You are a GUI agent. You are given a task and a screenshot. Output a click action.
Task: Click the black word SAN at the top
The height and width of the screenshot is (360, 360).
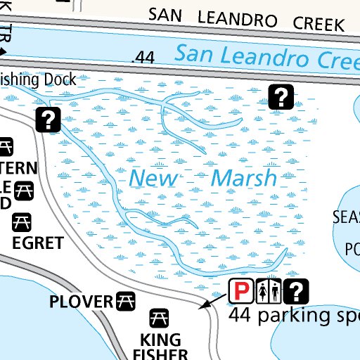(165, 14)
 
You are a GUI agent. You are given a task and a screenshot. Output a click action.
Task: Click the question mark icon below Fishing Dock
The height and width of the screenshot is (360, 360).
(48, 120)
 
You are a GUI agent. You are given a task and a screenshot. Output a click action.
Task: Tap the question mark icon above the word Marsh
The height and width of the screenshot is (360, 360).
(281, 97)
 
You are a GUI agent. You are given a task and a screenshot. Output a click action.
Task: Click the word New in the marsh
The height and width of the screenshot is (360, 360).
(153, 179)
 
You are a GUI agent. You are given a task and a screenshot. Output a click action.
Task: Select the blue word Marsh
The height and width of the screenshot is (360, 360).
(243, 179)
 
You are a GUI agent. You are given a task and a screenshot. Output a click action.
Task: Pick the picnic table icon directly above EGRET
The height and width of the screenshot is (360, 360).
(20, 223)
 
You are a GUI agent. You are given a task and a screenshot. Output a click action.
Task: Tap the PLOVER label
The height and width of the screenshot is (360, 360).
(81, 302)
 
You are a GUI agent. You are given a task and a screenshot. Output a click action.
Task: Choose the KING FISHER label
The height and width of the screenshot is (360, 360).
(160, 347)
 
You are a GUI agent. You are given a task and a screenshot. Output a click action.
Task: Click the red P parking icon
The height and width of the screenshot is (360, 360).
(241, 290)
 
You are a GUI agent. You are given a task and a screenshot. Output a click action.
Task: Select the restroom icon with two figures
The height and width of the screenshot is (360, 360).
(270, 290)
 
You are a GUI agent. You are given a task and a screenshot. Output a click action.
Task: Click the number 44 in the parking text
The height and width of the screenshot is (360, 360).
(241, 314)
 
